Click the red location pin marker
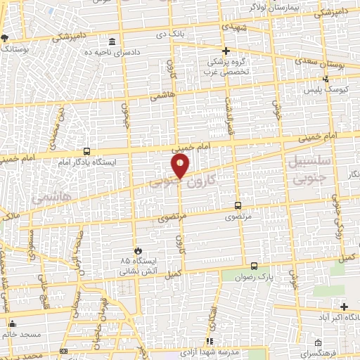pyautogui.click(x=181, y=166)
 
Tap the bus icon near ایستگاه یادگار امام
pyautogui.click(x=86, y=150)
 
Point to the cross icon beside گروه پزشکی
pyautogui.click(x=226, y=51)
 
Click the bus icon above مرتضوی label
pyautogui.click(x=238, y=205)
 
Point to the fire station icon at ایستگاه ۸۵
pyautogui.click(x=138, y=250)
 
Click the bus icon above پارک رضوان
pyautogui.click(x=254, y=266)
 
